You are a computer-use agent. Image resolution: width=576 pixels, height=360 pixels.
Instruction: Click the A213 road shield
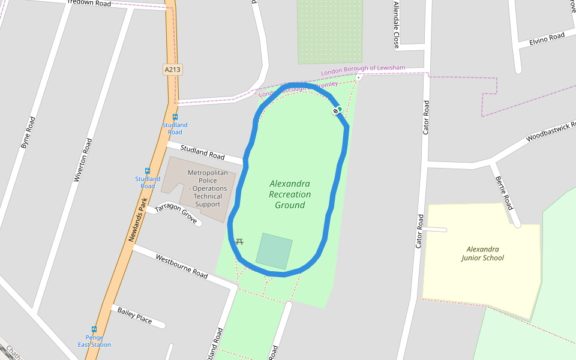point(172,70)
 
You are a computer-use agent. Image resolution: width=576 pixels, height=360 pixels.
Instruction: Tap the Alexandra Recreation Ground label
point(290,194)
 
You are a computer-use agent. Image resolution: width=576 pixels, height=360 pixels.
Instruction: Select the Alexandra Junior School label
point(482,253)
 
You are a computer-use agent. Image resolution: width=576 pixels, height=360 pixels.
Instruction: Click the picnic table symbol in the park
point(240,241)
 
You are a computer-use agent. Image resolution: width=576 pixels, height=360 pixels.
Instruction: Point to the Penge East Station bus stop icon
point(94,329)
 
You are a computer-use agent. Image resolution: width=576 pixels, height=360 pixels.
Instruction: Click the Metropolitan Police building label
point(208,188)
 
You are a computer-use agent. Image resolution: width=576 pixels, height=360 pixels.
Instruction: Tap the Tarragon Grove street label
point(176,214)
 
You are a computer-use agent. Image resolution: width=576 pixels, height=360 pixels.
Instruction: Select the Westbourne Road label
point(181,266)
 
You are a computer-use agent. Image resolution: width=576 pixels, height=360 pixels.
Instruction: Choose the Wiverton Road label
point(82,160)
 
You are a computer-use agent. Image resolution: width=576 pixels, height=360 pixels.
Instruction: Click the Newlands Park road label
point(137,220)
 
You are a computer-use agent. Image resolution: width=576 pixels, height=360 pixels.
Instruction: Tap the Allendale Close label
point(396,24)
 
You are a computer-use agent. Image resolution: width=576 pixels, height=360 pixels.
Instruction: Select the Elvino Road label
point(547,38)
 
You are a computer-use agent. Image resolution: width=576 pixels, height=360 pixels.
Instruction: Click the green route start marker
point(340,109)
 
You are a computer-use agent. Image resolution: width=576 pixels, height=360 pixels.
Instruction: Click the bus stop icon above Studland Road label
point(175,117)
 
